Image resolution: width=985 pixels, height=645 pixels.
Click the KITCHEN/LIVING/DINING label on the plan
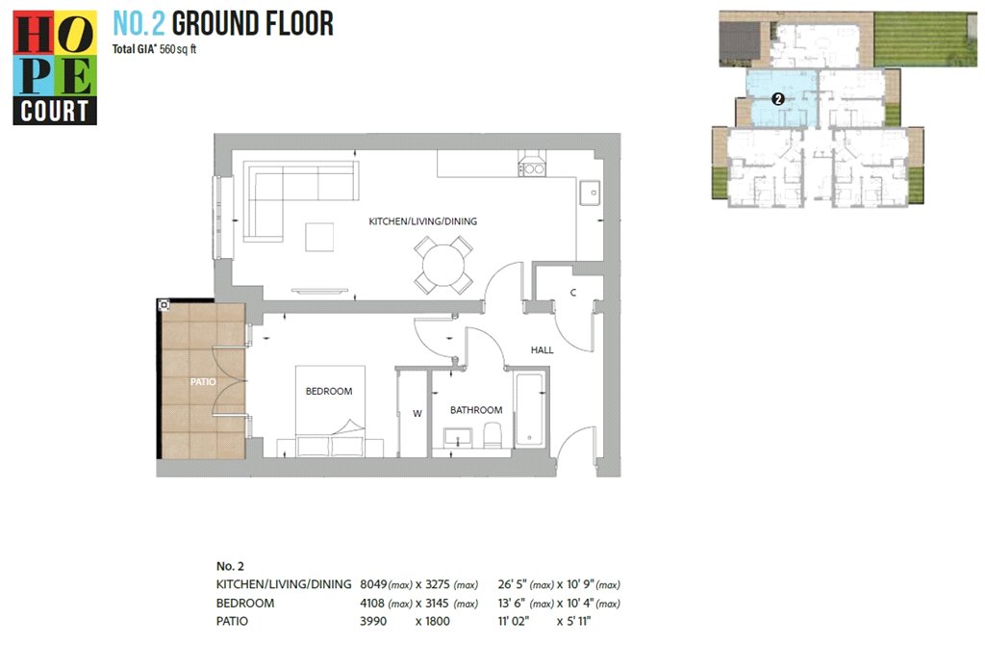423,221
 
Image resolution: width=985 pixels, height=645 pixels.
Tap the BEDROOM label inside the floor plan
329,391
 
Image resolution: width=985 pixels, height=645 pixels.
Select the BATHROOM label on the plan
476,410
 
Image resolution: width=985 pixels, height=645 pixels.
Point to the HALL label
543,350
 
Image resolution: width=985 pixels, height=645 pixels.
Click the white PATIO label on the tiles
203,381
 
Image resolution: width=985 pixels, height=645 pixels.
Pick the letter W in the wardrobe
417,414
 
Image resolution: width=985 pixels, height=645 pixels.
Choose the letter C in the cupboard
573,293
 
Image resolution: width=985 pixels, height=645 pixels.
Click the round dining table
443,266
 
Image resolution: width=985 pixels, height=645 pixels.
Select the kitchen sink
591,193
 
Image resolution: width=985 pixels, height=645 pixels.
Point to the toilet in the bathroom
492,434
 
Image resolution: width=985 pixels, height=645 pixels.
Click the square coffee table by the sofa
319,237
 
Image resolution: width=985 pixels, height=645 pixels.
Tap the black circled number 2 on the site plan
778,99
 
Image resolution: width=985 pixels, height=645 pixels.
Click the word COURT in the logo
55,112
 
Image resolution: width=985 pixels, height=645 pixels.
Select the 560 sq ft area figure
178,49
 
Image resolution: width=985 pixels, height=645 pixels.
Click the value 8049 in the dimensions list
372,584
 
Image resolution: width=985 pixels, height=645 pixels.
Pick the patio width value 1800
438,621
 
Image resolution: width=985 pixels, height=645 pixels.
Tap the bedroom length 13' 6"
512,603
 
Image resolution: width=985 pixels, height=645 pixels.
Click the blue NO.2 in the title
139,24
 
